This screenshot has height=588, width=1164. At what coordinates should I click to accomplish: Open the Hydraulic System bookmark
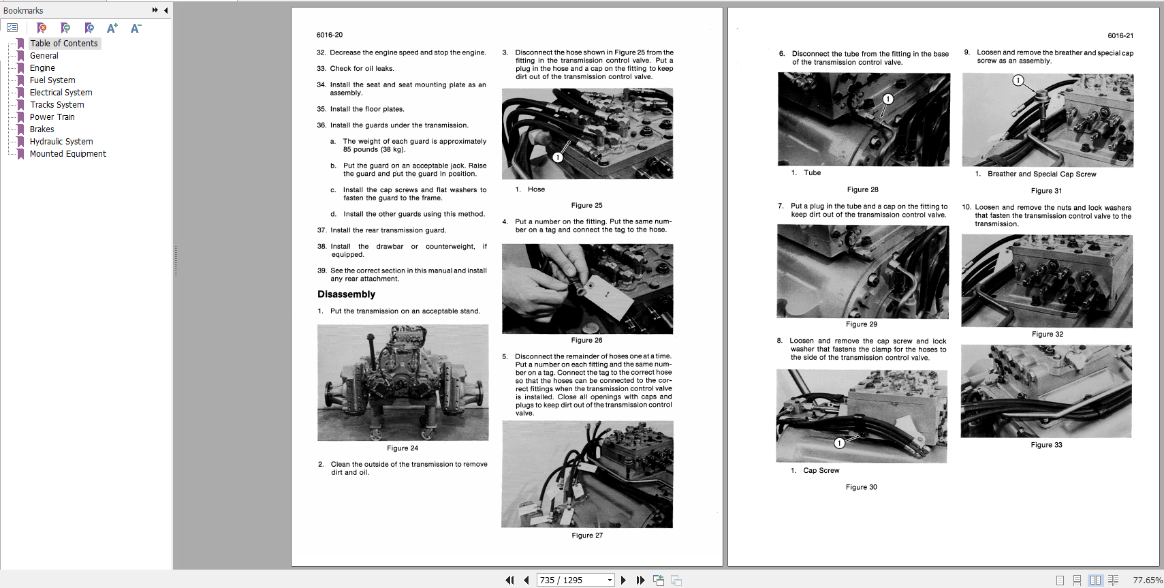(x=61, y=142)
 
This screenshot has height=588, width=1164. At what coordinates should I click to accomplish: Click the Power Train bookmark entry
(x=52, y=117)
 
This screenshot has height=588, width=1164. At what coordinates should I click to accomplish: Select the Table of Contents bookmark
(x=63, y=44)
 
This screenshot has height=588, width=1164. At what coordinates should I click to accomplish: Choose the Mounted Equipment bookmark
(x=67, y=154)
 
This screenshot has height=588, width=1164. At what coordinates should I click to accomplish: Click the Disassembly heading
(x=346, y=294)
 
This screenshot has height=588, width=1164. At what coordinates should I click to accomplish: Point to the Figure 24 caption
(x=403, y=448)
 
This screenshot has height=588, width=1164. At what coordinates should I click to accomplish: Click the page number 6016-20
(x=330, y=35)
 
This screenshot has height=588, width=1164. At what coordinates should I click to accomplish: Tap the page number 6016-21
(x=1120, y=35)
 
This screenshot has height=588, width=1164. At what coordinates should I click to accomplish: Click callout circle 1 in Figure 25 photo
(x=557, y=157)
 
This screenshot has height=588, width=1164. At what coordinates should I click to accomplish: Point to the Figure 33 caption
(x=1046, y=445)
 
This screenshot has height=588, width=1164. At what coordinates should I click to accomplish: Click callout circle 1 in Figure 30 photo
(x=840, y=443)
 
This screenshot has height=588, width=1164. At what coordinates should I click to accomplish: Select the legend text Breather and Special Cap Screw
(x=1041, y=174)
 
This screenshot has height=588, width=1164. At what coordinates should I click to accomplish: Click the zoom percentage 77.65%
(x=1147, y=581)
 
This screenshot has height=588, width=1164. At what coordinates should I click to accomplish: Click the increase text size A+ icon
(x=112, y=28)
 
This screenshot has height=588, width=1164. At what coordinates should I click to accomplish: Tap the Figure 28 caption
(x=862, y=190)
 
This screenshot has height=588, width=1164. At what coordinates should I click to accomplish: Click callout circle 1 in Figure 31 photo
(x=1018, y=80)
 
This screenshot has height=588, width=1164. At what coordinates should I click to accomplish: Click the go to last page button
(x=640, y=581)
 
